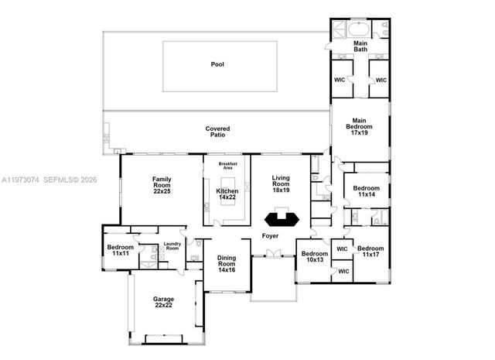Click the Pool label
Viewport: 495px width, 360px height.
[217, 64]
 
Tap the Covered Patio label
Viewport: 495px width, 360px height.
[217, 132]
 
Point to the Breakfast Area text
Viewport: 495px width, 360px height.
[227, 166]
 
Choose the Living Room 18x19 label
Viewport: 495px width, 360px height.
[281, 183]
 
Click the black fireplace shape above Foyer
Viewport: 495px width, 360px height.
[281, 218]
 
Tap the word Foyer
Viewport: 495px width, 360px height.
[270, 235]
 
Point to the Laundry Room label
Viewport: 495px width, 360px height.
[172, 248]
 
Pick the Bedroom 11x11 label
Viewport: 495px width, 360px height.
[120, 250]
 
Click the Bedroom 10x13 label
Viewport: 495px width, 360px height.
[314, 256]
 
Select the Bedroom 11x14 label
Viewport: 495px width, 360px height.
[367, 191]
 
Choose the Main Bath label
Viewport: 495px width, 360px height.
[361, 47]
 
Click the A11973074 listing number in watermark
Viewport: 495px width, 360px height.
[21, 180]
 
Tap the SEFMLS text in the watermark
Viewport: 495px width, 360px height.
[64, 180]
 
